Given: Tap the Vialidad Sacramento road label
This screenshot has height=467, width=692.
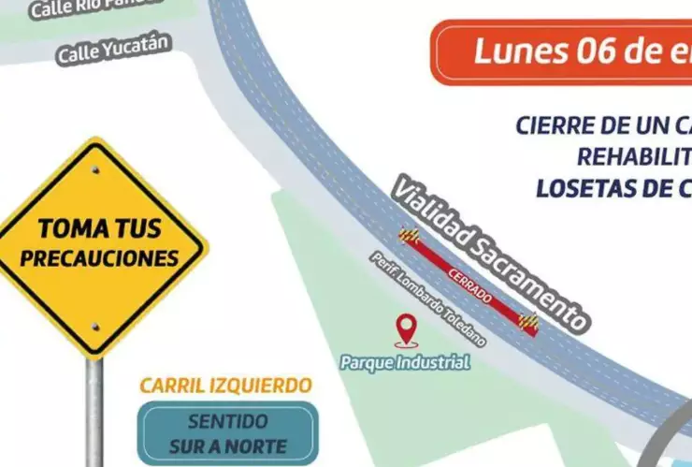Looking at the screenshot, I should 490,253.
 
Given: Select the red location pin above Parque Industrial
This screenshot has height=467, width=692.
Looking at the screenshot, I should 405,330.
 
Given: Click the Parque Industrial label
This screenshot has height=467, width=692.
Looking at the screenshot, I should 405,361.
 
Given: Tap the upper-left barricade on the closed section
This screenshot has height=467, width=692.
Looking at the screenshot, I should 409,236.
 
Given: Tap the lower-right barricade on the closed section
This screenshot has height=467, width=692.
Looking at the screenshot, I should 529,322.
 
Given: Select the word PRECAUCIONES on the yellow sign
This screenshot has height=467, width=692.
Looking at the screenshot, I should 99,256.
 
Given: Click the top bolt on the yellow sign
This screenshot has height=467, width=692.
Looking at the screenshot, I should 94,170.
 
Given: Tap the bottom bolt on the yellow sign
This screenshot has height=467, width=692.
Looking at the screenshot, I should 94,326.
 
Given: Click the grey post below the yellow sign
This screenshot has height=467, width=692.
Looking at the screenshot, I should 94,412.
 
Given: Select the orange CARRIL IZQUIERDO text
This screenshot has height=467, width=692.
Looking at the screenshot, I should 225,386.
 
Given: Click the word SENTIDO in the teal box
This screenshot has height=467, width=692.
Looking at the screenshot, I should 227,422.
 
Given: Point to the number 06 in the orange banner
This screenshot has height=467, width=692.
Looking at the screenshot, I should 608,51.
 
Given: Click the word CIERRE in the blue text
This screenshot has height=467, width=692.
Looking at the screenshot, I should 558,124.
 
